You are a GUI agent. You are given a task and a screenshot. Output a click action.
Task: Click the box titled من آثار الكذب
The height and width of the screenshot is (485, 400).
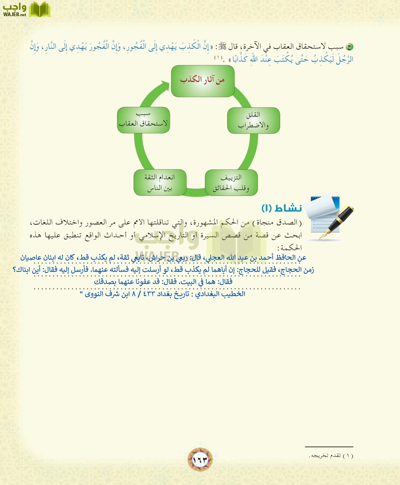point(202,81)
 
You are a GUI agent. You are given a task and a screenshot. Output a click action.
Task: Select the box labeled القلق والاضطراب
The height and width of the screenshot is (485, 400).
point(253,120)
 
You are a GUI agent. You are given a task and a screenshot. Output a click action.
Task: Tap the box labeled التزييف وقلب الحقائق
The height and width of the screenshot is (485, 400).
point(231,182)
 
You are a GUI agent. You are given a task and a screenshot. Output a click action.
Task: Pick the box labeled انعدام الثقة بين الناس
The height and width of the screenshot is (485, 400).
point(160,182)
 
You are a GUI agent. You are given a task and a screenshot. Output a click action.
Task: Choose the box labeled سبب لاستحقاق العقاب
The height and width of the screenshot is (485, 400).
point(143,120)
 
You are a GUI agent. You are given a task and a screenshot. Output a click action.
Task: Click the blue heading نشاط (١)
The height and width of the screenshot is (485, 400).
point(282,208)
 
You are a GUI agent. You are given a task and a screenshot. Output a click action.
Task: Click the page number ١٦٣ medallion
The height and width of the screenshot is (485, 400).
point(200,459)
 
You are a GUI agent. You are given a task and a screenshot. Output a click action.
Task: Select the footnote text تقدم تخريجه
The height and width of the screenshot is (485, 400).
point(325,456)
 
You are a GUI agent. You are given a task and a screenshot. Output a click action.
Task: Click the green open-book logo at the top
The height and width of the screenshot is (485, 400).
point(39,10)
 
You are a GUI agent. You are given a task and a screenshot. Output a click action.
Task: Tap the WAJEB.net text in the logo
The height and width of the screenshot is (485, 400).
point(15,15)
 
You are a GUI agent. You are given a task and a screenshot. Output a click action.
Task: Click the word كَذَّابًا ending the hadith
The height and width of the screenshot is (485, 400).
point(238,59)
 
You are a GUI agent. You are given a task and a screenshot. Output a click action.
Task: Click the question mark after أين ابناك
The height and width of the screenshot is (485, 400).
point(15,270)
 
